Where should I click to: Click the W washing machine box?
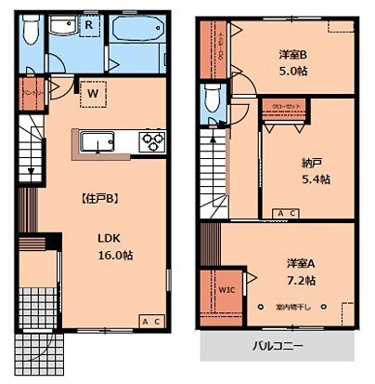pyautogui.click(x=94, y=91)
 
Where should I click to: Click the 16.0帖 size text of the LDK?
pyautogui.click(x=117, y=254)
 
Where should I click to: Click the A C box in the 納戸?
pyautogui.click(x=287, y=214)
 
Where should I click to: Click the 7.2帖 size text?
pyautogui.click(x=301, y=279)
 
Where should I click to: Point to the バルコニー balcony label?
pyautogui.click(x=278, y=346)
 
